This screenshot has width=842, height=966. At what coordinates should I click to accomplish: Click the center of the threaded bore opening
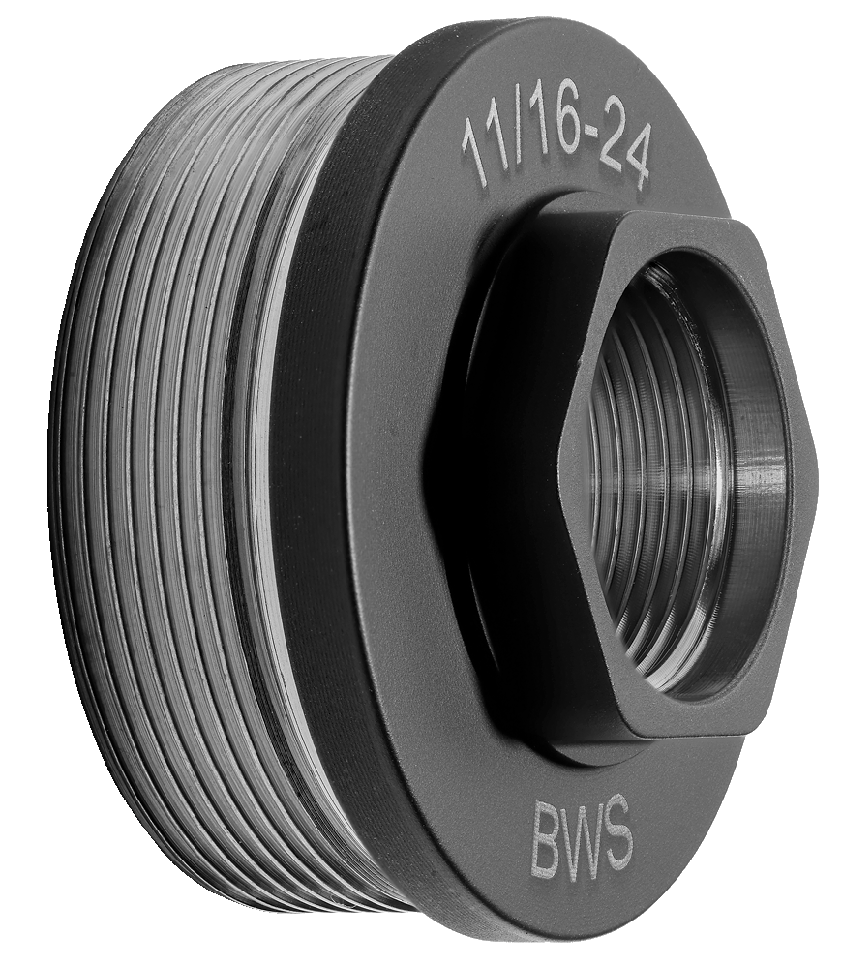[677, 474]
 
